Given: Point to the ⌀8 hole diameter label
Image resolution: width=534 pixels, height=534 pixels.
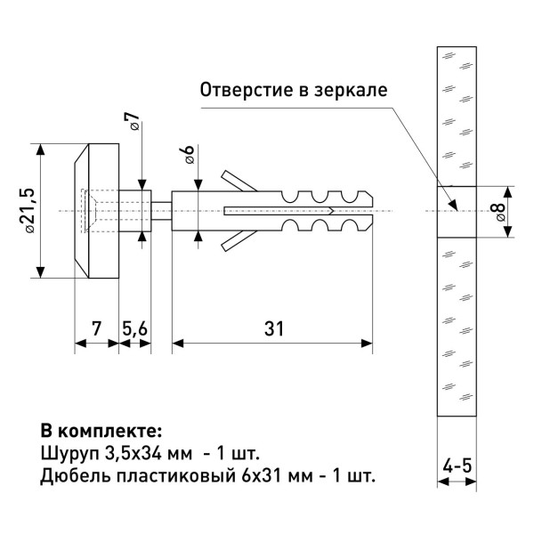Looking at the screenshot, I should [498, 212].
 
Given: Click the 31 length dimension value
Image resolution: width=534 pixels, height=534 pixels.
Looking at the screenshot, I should [272, 328].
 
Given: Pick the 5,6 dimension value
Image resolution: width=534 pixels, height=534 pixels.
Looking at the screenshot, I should [135, 328].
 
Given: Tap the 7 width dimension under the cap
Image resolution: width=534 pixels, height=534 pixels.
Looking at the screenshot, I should [95, 328].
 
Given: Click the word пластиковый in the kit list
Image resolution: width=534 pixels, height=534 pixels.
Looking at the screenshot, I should [169, 475].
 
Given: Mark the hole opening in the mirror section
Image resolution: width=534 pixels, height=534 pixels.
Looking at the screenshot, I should [456, 211].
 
